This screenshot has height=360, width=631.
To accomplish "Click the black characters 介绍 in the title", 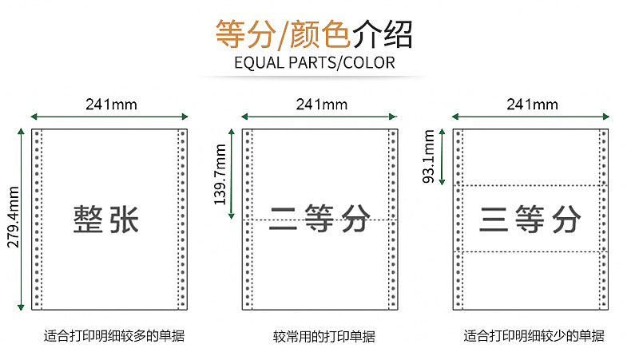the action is pos(384,34).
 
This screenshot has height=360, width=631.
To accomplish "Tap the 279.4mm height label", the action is pos(11,218).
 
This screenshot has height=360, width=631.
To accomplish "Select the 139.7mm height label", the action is pos(221,174).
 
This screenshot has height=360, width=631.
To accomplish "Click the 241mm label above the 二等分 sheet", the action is pos(321,104).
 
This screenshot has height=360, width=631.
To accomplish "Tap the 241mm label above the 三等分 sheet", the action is pos(532,104).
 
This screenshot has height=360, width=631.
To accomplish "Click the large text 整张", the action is pos(107,219).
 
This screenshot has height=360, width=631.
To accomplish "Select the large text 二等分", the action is pos(319,218).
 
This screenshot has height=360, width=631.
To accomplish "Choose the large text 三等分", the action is pos(530,219).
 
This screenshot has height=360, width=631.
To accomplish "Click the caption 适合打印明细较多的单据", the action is pos(113,336).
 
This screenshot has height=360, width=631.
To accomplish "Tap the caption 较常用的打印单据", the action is pos(323,337).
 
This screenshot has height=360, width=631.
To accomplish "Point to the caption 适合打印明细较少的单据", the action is pos(534,336).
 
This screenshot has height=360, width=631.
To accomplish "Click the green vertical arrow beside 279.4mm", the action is pos(21,218).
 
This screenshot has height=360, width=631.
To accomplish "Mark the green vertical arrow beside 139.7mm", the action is pos(231,173).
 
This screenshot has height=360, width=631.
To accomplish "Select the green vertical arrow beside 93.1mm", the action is pos(441,157).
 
